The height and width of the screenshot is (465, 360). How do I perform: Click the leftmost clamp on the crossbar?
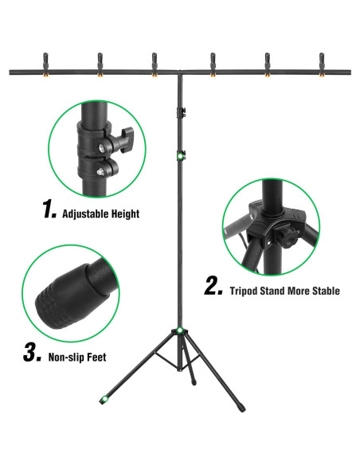click(x=44, y=63)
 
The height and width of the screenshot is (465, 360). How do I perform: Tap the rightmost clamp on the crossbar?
click(x=323, y=63)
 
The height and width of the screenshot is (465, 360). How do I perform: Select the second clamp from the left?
click(x=100, y=63)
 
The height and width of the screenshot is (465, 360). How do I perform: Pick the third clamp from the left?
click(x=155, y=63)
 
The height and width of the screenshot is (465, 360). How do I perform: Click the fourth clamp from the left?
click(x=213, y=63)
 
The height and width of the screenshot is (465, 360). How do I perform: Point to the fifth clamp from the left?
click(x=268, y=63)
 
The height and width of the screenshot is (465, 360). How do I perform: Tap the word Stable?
click(x=325, y=291)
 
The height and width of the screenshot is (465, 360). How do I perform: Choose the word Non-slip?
click(x=68, y=358)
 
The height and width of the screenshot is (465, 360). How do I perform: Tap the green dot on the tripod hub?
click(x=182, y=330)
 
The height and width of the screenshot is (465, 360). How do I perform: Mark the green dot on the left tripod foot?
click(x=103, y=400)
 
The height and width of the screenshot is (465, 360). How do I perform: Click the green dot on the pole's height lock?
click(x=182, y=156)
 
